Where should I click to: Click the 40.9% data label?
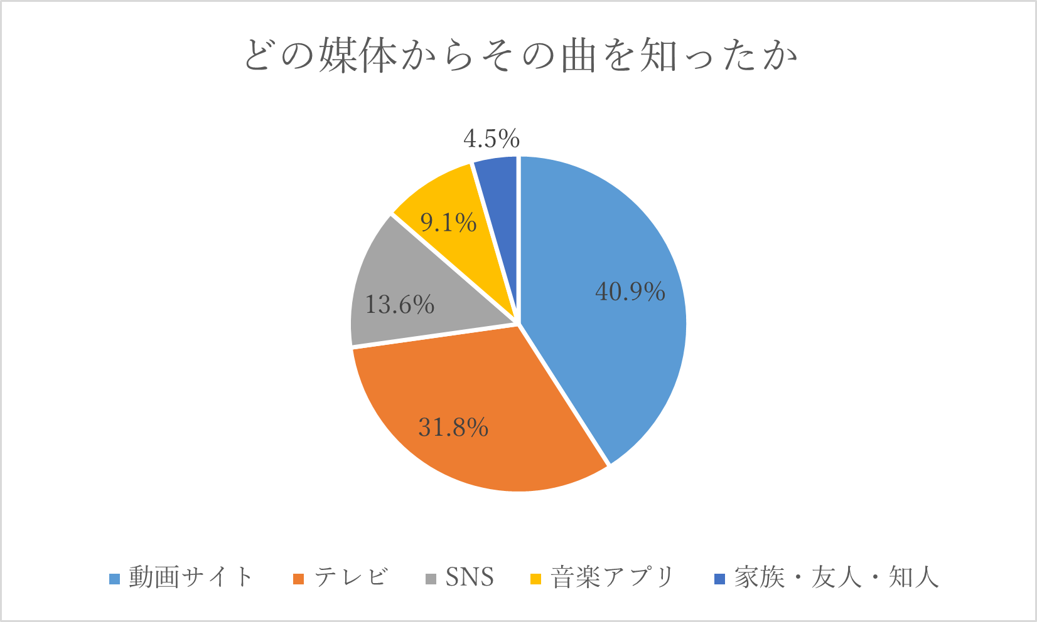[x=630, y=292]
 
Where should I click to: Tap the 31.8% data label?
[x=453, y=428]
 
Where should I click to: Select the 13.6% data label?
[x=400, y=305]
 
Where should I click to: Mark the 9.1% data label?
[x=448, y=222]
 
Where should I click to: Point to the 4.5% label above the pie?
[x=492, y=139]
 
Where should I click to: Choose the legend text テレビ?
[x=351, y=577]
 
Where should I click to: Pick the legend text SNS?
[x=470, y=577]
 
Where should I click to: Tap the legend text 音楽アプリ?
[x=612, y=577]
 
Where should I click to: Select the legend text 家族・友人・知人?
[x=836, y=577]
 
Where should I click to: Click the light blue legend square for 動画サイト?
[x=114, y=578]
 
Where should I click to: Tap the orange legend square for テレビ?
[x=299, y=578]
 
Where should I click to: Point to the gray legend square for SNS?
[x=431, y=578]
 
